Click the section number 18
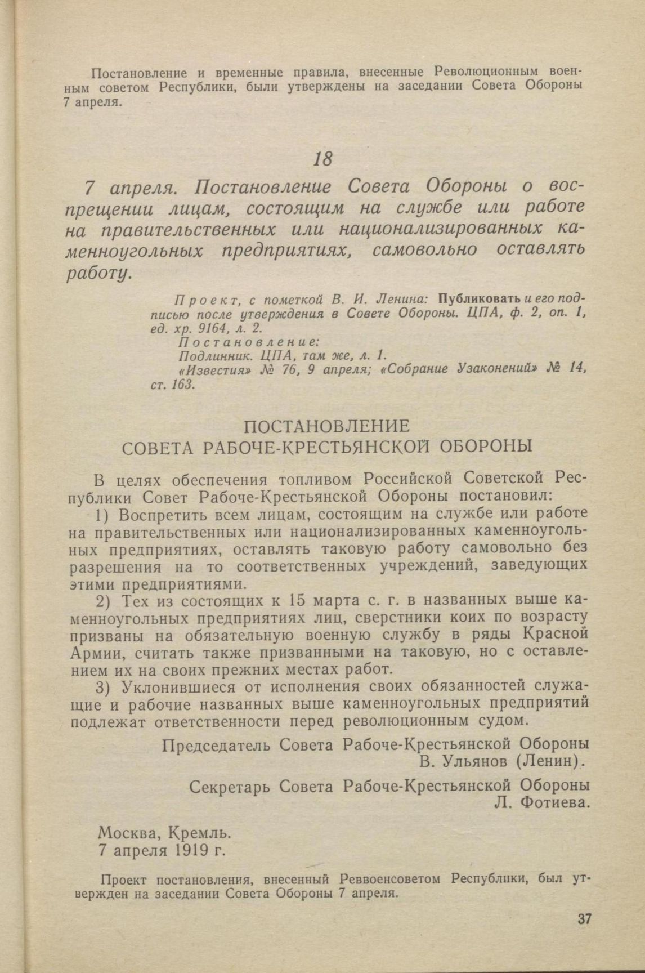pyautogui.click(x=322, y=159)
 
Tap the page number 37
pyautogui.click(x=584, y=920)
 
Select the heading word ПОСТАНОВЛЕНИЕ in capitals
pyautogui.click(x=326, y=425)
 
